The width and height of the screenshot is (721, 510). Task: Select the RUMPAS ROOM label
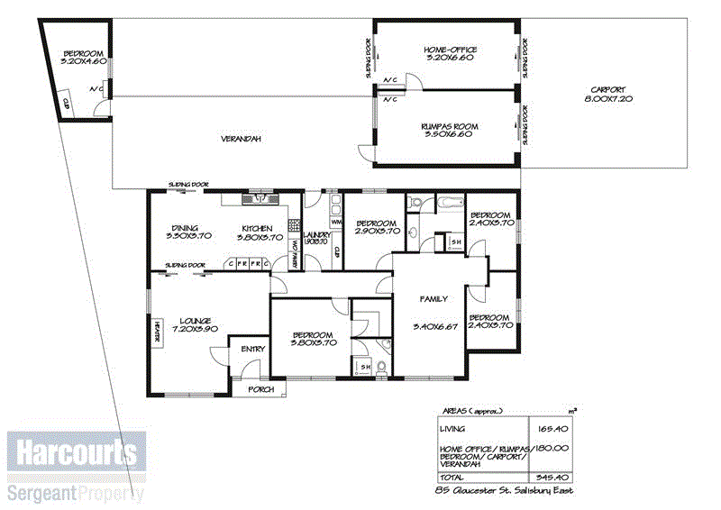click(x=449, y=126)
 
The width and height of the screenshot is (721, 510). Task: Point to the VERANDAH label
click(x=241, y=139)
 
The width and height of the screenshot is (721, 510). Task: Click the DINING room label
click(x=185, y=228)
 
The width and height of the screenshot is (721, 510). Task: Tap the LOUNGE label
click(x=195, y=320)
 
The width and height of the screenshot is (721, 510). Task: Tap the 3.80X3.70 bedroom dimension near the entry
click(x=313, y=342)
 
